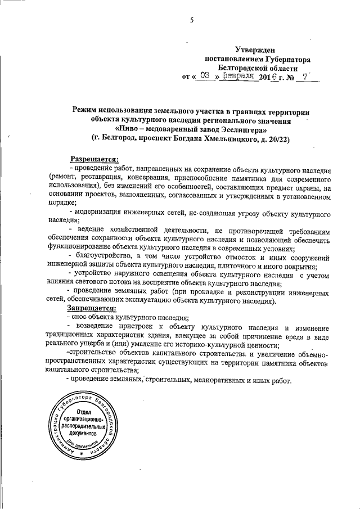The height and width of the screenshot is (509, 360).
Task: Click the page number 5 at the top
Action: point(192,21)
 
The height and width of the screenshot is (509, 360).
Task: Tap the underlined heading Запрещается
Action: point(93,309)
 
